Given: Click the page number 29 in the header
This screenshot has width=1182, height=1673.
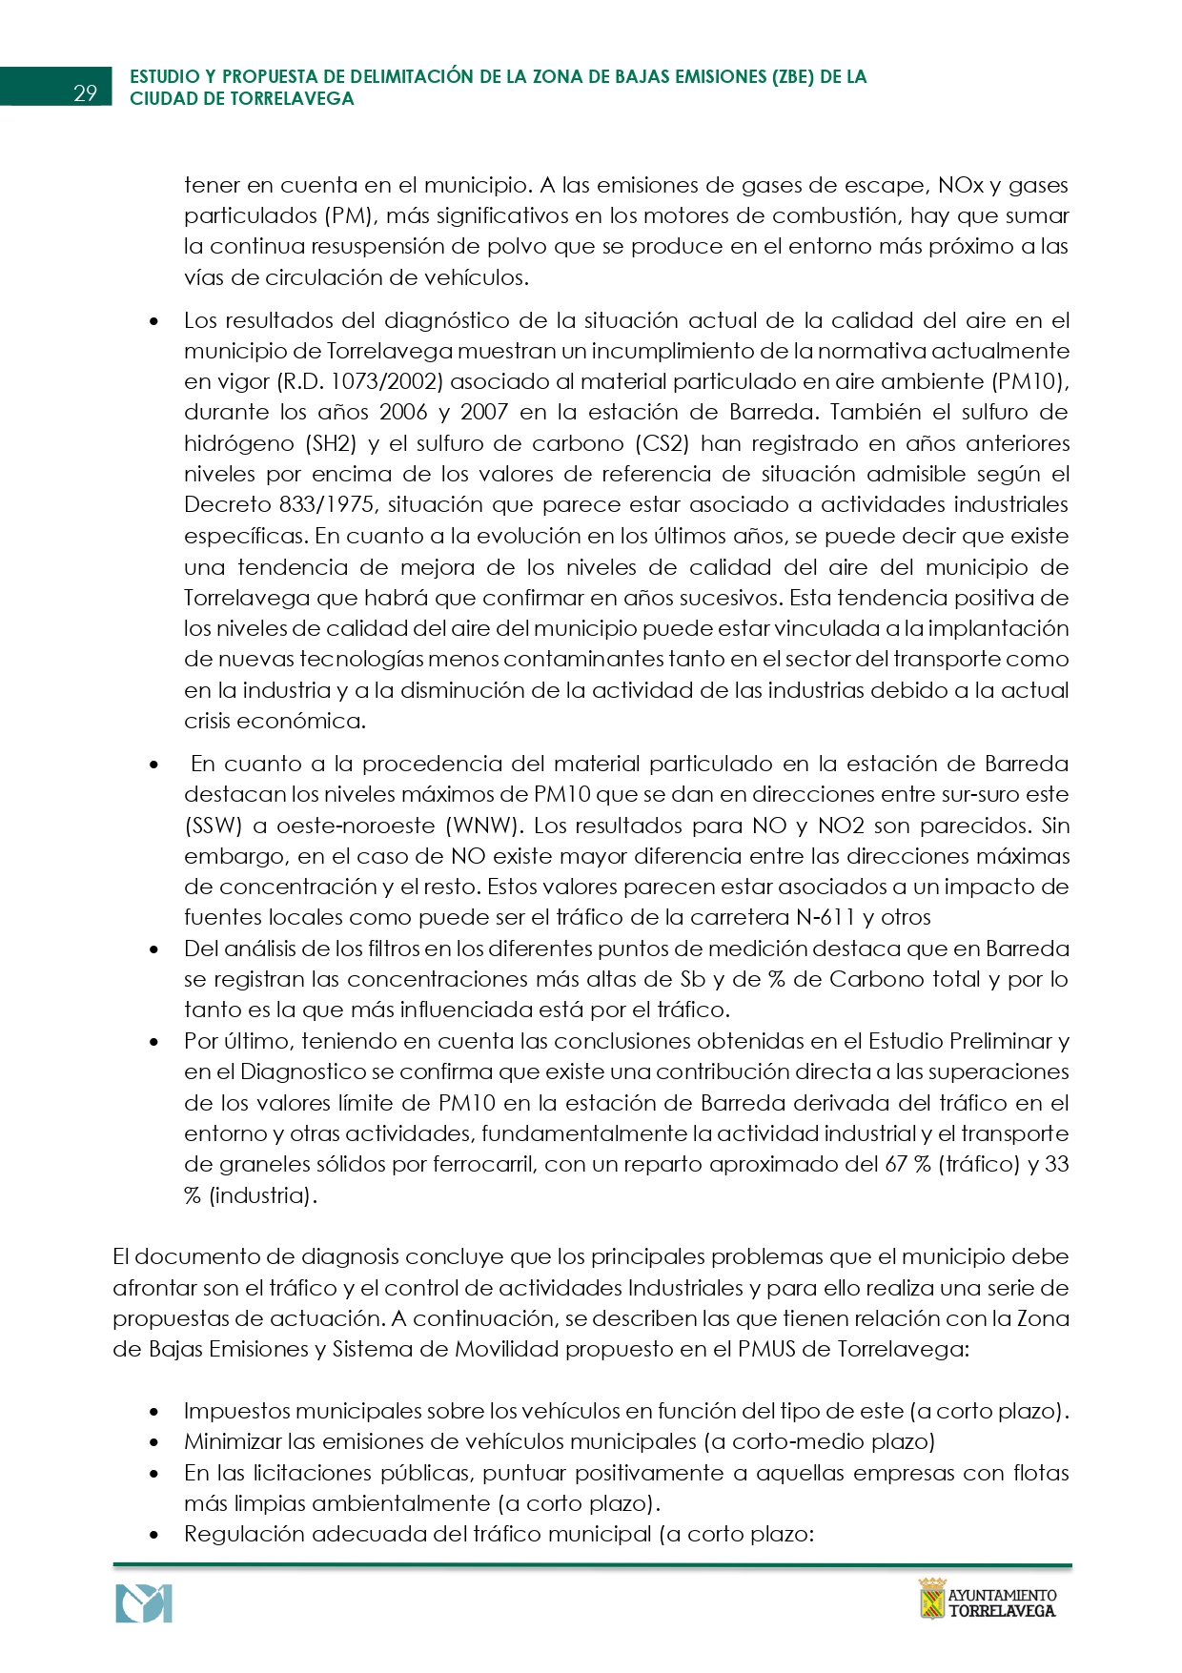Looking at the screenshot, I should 85,92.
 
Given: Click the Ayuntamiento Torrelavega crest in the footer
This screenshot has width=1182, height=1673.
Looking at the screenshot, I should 931,1599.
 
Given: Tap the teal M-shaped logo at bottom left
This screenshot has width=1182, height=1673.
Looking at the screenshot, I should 144,1603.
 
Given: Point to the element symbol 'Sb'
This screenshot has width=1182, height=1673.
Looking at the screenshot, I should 692,979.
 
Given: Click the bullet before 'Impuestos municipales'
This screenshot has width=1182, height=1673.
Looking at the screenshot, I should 154,1412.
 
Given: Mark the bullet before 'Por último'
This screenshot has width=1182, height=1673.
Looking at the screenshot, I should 154,1042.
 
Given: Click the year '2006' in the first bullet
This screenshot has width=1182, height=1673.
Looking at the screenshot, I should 403,412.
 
